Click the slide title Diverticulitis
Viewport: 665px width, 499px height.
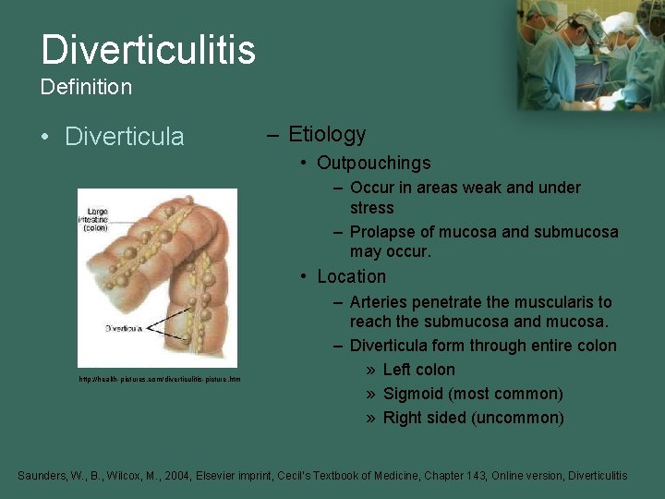148,49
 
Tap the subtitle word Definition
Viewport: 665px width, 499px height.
86,88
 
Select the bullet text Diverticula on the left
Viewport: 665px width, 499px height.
125,137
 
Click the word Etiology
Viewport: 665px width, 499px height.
327,134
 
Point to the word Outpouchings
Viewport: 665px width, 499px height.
373,163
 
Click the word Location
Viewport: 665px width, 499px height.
351,276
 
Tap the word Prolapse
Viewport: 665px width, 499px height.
381,232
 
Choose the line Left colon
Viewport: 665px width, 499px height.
418,370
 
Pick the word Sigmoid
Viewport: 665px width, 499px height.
412,394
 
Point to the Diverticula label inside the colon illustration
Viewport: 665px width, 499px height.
122,328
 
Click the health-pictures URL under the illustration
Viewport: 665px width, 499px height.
159,379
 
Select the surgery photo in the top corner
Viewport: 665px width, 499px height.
590,55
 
